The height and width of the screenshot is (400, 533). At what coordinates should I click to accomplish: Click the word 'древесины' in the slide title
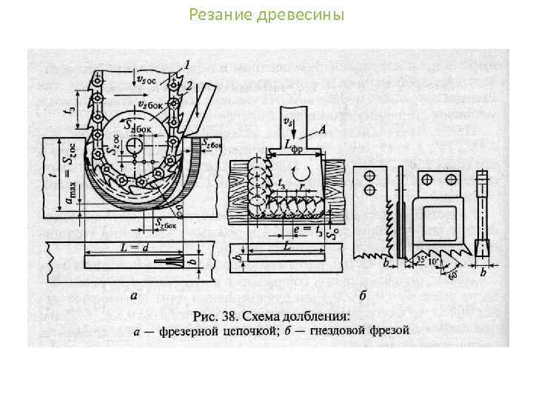309,14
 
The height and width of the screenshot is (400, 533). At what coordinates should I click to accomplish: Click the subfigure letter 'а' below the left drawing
133,296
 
